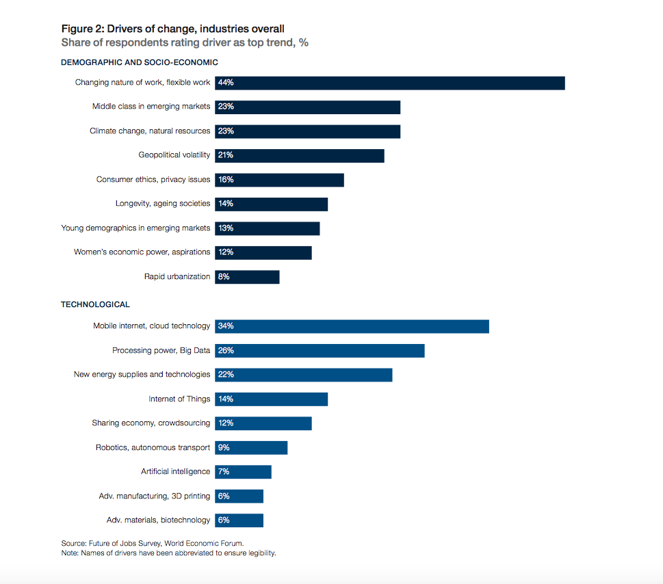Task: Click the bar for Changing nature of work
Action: pyautogui.click(x=390, y=83)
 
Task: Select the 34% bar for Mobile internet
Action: pyautogui.click(x=352, y=326)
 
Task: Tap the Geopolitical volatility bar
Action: pyautogui.click(x=300, y=155)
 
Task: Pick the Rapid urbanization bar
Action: pyautogui.click(x=247, y=277)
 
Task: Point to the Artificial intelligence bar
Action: pyautogui.click(x=243, y=472)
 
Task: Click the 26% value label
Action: pyautogui.click(x=226, y=351)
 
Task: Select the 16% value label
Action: pyautogui.click(x=226, y=180)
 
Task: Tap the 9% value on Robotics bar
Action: pyautogui.click(x=224, y=448)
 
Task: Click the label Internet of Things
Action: pyautogui.click(x=179, y=399)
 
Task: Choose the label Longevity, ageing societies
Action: pyautogui.click(x=163, y=204)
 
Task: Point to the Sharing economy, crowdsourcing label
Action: pyautogui.click(x=151, y=423)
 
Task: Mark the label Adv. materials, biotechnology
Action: pyautogui.click(x=158, y=520)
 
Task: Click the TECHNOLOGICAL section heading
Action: pyautogui.click(x=95, y=304)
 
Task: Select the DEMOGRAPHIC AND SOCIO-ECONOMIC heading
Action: pyautogui.click(x=140, y=62)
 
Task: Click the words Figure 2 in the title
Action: pyautogui.click(x=81, y=29)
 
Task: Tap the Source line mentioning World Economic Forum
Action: pyautogui.click(x=152, y=544)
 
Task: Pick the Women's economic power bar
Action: pyautogui.click(x=263, y=252)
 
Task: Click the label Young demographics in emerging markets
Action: pyautogui.click(x=135, y=228)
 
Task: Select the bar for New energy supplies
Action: pyautogui.click(x=304, y=375)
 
